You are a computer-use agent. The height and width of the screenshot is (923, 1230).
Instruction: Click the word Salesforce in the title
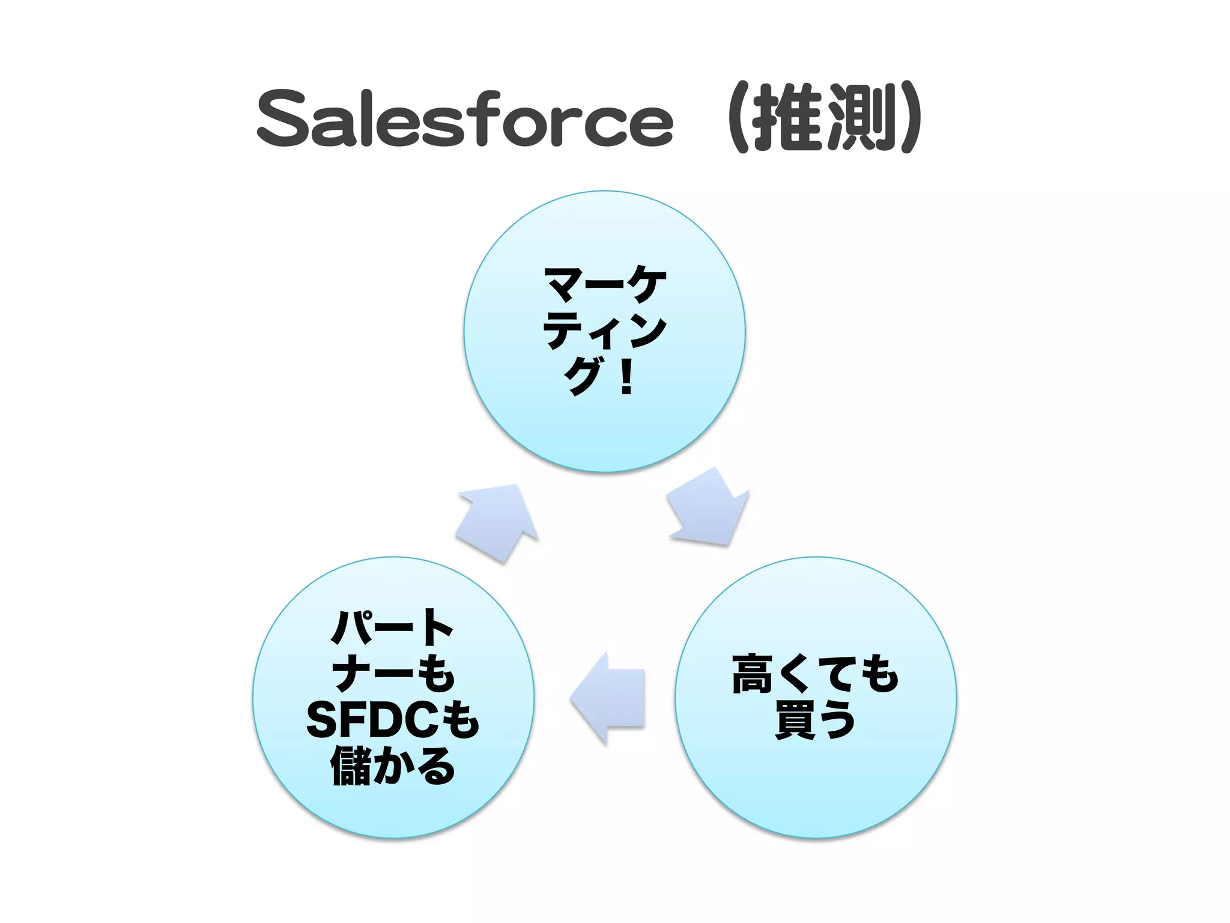465,118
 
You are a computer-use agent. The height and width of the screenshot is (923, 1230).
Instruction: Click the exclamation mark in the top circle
626,377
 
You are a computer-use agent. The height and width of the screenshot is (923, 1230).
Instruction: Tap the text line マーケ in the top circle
605,284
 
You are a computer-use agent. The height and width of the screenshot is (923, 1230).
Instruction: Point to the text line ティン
605,330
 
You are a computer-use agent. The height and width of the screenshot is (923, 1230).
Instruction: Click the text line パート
393,628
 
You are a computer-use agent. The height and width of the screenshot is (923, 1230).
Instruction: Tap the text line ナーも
393,674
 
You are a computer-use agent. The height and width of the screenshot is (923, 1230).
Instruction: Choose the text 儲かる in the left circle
393,766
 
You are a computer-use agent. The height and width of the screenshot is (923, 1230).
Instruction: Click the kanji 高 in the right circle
753,674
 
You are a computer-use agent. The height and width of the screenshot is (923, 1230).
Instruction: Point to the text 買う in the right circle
815,720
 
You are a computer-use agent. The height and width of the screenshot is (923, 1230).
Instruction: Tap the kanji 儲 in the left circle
351,766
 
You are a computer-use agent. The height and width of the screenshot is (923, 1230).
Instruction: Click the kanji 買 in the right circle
794,720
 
